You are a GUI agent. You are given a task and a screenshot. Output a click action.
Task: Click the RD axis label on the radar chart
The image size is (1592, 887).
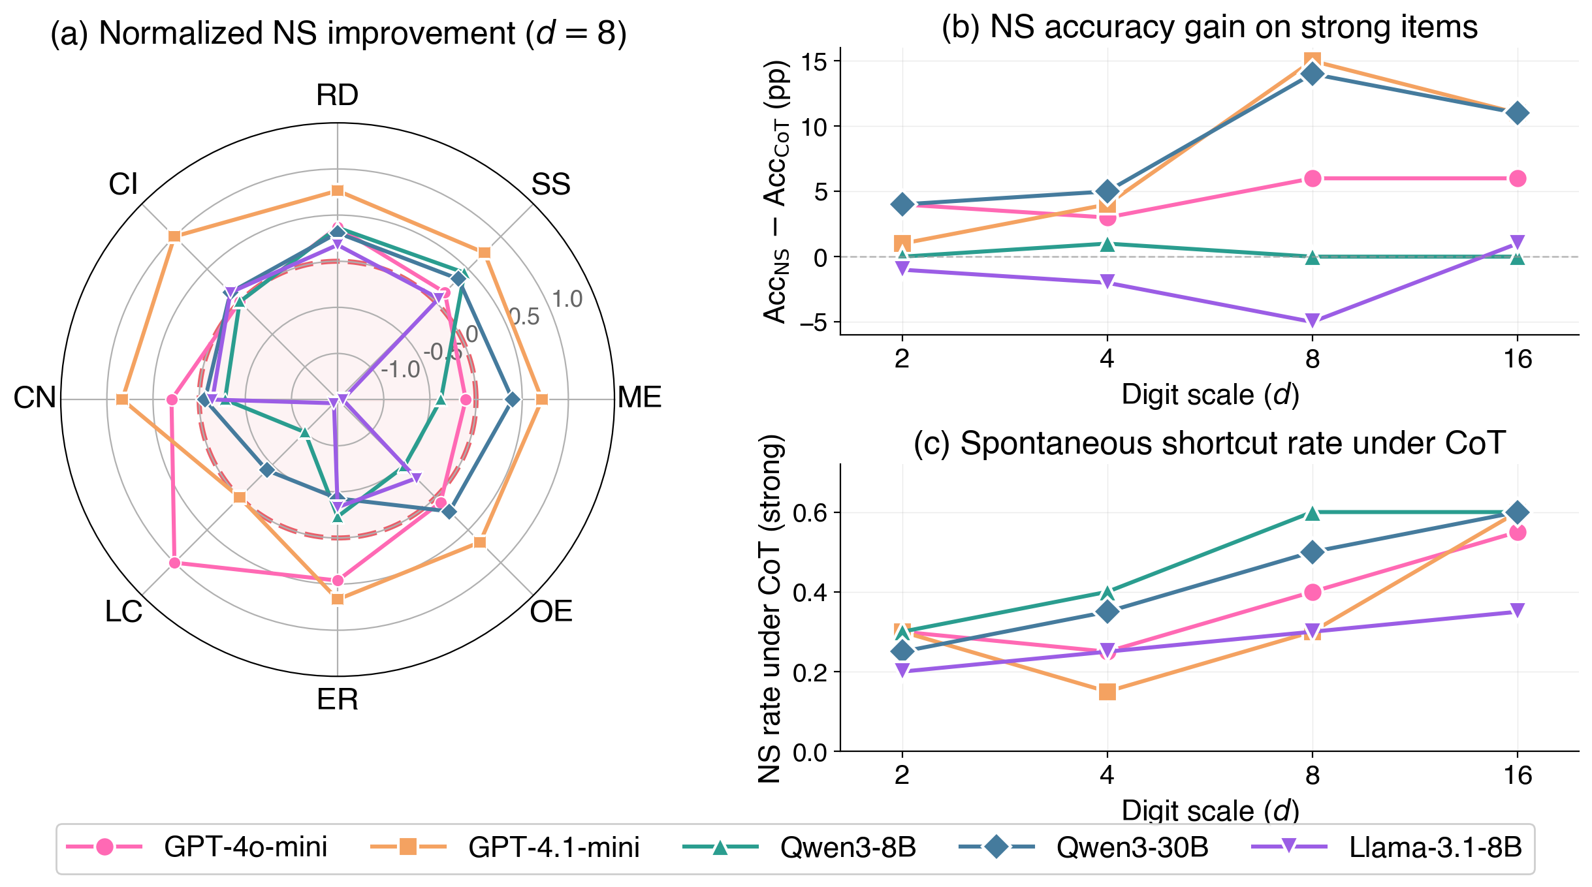(x=337, y=95)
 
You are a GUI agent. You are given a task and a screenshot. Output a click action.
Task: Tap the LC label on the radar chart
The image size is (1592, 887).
(x=123, y=612)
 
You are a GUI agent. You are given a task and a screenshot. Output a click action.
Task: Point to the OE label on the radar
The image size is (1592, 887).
(x=551, y=612)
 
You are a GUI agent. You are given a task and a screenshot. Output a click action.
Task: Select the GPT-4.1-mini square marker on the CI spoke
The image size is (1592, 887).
(x=174, y=236)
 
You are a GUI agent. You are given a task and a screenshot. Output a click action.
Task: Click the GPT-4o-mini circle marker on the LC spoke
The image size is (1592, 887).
(x=174, y=563)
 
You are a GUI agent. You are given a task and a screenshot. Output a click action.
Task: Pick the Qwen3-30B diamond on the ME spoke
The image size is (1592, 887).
(x=513, y=399)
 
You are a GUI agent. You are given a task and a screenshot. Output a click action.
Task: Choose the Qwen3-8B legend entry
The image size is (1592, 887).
(x=848, y=847)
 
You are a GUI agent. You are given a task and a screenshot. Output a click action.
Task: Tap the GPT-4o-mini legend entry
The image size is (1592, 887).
(x=245, y=847)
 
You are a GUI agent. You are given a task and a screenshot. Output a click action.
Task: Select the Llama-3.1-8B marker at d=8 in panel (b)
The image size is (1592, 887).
(x=1313, y=321)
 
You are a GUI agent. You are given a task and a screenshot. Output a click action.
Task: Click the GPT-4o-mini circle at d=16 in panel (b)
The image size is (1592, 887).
(x=1518, y=178)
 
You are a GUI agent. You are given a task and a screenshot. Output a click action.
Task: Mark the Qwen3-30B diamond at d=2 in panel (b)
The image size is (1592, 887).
(x=902, y=204)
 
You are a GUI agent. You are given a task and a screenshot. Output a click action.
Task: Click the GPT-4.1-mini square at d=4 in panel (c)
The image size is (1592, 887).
(x=1107, y=692)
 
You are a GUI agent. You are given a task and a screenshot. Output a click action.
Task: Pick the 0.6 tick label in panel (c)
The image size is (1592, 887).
(x=810, y=513)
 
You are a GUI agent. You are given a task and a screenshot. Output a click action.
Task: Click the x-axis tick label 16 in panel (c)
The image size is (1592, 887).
(x=1518, y=775)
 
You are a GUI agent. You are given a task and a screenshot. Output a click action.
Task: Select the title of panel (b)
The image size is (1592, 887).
(x=1209, y=27)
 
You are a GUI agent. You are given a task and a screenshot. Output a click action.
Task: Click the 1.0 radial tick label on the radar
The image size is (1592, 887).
(x=567, y=300)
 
